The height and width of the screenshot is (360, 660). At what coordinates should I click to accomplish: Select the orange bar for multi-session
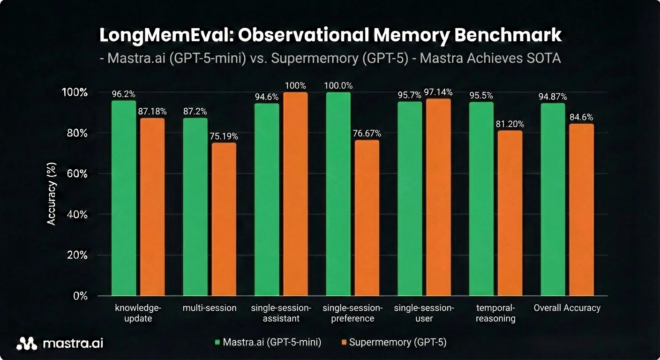(x=224, y=219)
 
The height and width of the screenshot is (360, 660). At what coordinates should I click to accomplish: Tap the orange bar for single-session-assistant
(x=295, y=194)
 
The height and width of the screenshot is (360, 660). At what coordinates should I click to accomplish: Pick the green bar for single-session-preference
(x=338, y=194)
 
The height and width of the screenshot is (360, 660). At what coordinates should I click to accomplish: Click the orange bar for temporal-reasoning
(x=510, y=213)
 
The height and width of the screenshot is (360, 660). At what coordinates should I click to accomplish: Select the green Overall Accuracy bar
(x=553, y=200)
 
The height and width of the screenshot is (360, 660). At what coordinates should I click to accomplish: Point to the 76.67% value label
(x=367, y=134)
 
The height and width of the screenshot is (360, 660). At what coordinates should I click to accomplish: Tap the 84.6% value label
(x=582, y=117)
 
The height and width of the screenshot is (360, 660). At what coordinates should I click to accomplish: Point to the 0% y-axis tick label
(x=81, y=296)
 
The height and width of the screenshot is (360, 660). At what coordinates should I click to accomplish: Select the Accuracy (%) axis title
(x=52, y=194)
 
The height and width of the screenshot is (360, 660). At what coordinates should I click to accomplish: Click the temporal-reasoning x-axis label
(x=495, y=313)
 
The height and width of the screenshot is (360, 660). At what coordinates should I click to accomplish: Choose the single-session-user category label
(x=424, y=313)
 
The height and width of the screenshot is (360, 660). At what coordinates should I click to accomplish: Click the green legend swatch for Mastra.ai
(x=217, y=343)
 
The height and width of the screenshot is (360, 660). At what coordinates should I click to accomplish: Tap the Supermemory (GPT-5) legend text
(x=397, y=343)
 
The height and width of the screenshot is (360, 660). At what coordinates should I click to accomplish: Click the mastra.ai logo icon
(x=27, y=344)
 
